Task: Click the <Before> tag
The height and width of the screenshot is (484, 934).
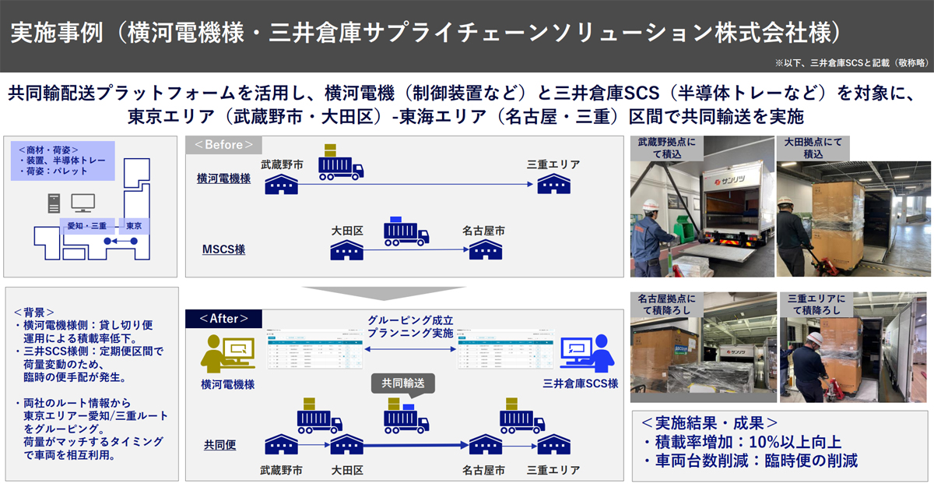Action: click(x=224, y=145)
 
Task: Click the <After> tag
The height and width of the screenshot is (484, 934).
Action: click(x=223, y=318)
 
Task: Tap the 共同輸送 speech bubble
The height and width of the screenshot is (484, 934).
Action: click(x=402, y=383)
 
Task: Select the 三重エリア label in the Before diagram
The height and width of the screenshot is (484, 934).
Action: click(x=553, y=164)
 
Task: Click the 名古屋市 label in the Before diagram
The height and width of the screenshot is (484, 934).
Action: click(x=483, y=231)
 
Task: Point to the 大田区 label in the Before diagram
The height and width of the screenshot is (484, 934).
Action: click(x=348, y=231)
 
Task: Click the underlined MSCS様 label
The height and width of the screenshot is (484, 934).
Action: click(x=223, y=249)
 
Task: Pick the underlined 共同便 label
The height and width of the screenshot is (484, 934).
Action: click(x=220, y=444)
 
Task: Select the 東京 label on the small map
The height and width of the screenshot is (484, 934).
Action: click(x=133, y=225)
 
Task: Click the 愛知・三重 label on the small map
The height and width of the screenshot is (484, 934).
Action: click(x=87, y=225)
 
